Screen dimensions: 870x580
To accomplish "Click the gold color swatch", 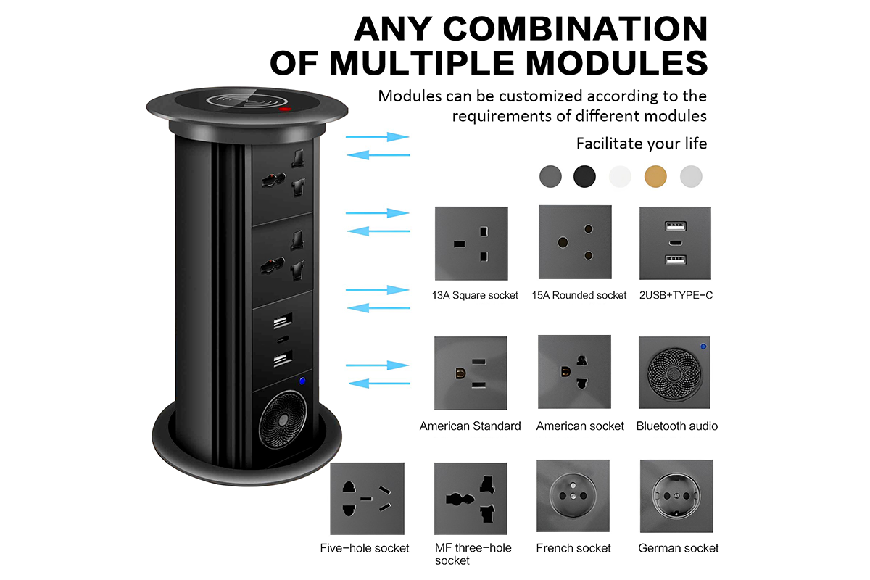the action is (655, 176).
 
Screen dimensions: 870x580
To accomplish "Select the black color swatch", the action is (584, 176).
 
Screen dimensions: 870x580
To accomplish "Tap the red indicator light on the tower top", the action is (285, 109).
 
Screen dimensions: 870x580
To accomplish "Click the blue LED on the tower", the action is (302, 381).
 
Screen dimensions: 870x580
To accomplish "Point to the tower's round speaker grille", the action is (282, 419).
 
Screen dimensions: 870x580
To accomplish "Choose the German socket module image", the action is (676, 496).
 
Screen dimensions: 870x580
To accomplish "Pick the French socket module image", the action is (573, 496).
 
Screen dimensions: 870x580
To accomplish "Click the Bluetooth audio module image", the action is (675, 373).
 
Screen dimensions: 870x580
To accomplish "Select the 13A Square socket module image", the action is (471, 243).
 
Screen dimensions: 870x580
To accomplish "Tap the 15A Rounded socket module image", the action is (575, 242).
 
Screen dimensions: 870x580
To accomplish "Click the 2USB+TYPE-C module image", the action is (675, 243).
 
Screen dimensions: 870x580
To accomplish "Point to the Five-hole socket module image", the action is (367, 498).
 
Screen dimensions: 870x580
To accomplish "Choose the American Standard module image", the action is (471, 373).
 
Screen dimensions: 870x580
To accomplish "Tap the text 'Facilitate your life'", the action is (641, 144).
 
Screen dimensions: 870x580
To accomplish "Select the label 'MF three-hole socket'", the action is (473, 554).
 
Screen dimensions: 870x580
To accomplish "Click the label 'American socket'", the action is (580, 426).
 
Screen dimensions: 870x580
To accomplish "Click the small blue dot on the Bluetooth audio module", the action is (703, 346).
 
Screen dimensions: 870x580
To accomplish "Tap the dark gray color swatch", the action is (550, 176).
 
